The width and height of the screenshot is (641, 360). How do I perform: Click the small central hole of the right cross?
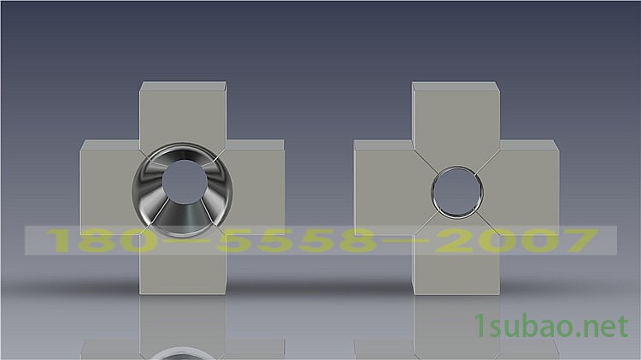(x=456, y=190)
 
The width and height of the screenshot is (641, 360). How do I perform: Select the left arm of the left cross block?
(x=105, y=190)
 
